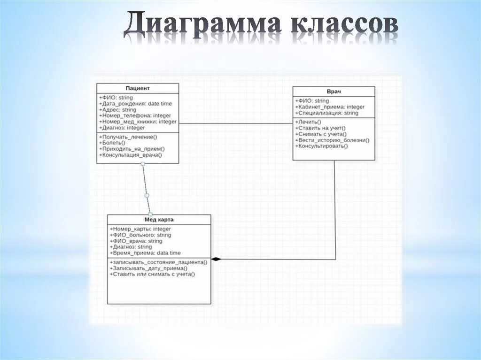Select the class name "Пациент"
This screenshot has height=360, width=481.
(x=138, y=88)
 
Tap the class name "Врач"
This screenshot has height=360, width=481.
(x=334, y=91)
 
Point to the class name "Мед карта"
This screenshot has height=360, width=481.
(x=159, y=219)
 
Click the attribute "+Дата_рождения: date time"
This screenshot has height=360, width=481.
(x=135, y=104)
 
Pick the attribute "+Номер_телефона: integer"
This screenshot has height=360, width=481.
(x=135, y=115)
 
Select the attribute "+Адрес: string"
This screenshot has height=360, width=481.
(x=117, y=110)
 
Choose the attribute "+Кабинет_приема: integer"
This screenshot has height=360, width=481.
(x=330, y=107)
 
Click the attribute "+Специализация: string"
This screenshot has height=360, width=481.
(x=326, y=113)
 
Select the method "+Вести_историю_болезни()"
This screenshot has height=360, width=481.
(x=332, y=140)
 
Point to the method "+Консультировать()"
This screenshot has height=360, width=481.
(x=321, y=146)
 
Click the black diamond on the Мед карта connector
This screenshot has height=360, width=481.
(x=216, y=259)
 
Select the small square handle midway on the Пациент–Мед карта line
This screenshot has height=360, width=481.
(x=147, y=195)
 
